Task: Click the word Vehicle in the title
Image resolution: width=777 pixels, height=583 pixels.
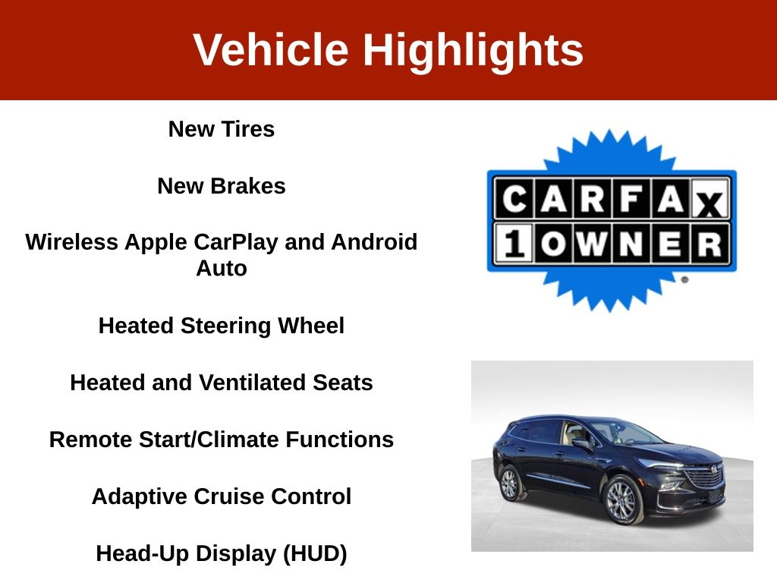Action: tap(271, 49)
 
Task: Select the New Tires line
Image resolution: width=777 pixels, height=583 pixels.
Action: tap(222, 129)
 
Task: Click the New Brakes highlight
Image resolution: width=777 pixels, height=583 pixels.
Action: tap(222, 186)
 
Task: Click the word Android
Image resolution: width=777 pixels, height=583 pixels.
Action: tap(374, 242)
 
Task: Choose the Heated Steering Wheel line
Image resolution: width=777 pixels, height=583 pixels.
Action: tap(222, 326)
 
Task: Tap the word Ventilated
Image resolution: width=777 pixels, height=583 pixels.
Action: tap(251, 383)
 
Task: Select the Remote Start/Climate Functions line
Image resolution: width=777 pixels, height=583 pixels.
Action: tap(222, 440)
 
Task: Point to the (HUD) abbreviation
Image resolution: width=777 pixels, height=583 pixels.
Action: tap(315, 553)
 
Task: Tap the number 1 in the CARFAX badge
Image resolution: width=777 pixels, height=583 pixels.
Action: tap(514, 244)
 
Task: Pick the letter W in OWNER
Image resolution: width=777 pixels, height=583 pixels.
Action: tap(592, 244)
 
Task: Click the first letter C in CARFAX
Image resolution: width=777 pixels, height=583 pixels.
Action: tap(514, 200)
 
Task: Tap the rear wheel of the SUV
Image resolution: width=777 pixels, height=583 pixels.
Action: tap(509, 484)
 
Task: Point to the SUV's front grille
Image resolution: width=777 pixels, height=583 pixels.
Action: tap(703, 476)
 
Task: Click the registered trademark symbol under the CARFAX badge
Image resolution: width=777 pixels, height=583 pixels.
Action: tap(684, 279)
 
